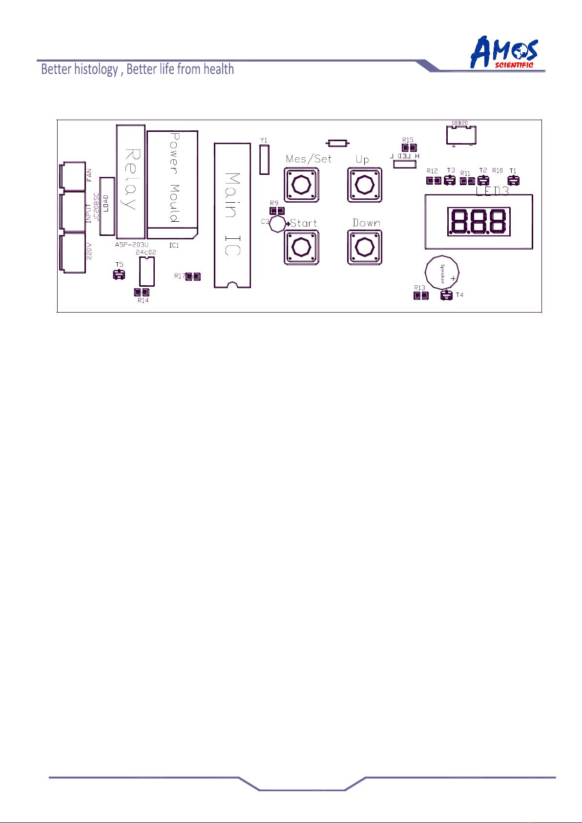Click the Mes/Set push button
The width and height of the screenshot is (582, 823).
301,185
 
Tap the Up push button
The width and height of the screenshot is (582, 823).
364,185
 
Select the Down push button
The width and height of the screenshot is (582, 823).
364,247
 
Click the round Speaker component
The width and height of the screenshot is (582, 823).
442,274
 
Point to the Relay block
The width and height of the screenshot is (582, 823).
130,181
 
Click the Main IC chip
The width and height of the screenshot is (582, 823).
232,215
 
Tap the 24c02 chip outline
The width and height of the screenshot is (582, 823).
146,271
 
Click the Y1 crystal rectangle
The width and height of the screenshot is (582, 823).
264,159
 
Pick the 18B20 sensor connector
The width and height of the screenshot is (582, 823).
461,135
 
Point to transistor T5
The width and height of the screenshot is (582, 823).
119,275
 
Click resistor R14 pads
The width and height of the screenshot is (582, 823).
142,293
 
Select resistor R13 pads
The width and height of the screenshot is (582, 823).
421,295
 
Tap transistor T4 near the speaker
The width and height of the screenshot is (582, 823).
446,295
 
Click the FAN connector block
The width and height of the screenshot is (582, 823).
72,176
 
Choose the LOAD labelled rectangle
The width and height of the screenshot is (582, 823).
106,206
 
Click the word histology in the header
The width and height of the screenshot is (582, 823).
96,69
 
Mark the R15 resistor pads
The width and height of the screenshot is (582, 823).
409,148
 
